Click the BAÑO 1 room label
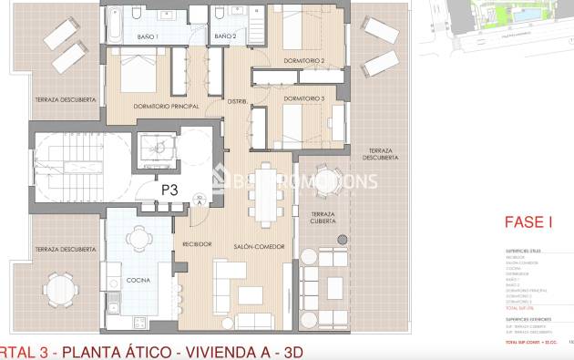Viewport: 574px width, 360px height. [x=149, y=36]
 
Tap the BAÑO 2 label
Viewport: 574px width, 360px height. [x=225, y=36]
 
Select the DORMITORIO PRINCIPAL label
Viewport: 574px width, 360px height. [x=166, y=107]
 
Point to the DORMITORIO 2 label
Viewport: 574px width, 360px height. [x=303, y=61]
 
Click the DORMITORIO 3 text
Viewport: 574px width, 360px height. [x=303, y=98]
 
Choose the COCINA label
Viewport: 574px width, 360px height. [x=138, y=280]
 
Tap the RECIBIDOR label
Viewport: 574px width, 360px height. [x=197, y=245]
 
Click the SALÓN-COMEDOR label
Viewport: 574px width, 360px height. [x=260, y=247]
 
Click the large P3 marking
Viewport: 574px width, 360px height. [x=169, y=190]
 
